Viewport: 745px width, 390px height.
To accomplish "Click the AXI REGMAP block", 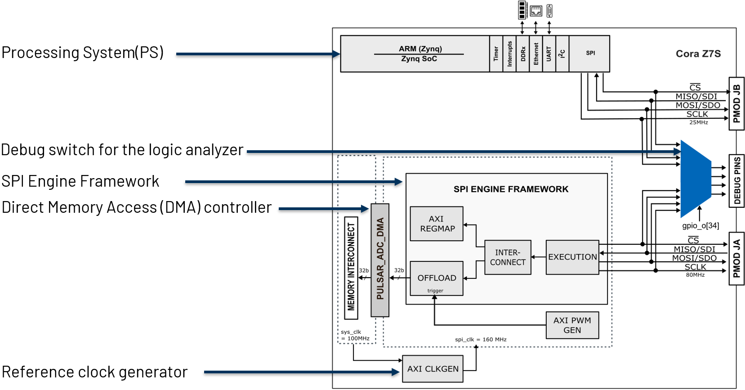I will click(x=437, y=224).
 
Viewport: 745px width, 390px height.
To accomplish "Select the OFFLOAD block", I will click(x=437, y=278).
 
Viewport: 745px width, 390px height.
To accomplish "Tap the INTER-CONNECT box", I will click(x=508, y=257).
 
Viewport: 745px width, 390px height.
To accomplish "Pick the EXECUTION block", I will click(x=572, y=257).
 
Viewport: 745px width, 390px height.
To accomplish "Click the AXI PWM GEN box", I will click(x=572, y=325).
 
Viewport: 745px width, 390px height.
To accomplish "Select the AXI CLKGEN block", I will click(x=433, y=369).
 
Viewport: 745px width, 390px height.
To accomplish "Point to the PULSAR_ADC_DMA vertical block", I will click(x=380, y=260).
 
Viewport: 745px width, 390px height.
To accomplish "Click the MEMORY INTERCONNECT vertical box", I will click(x=351, y=268).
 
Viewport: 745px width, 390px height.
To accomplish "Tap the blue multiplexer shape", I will click(x=695, y=179).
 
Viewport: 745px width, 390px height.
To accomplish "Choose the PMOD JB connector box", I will click(x=736, y=103).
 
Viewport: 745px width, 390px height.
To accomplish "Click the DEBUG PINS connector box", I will click(x=736, y=180).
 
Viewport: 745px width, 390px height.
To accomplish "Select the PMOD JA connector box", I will click(x=736, y=259).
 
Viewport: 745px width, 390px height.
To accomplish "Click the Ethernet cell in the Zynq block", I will click(x=535, y=54).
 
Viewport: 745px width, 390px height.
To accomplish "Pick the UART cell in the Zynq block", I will click(x=549, y=54).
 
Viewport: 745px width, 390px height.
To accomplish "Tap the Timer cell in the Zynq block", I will click(x=496, y=54).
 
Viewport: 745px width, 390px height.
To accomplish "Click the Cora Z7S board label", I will click(x=698, y=54).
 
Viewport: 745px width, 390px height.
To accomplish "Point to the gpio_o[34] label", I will click(x=700, y=226).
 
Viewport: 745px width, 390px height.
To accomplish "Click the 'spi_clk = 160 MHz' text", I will click(x=480, y=340).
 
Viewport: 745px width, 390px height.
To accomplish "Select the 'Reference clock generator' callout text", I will click(x=94, y=372).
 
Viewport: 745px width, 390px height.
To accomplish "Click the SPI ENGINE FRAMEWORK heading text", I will click(x=511, y=189).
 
